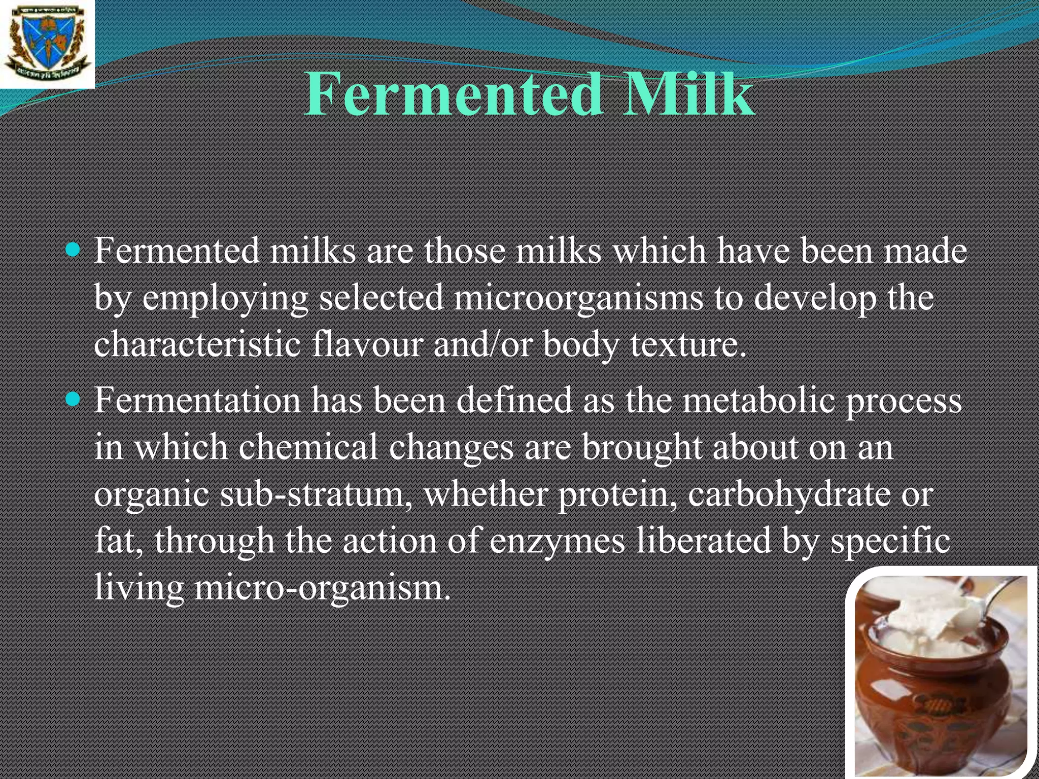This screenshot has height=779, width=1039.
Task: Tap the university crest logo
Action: point(47,44)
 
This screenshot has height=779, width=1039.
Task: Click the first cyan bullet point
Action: point(74,249)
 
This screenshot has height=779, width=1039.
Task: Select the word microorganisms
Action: point(578,299)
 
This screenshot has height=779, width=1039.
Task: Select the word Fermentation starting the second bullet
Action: point(197,400)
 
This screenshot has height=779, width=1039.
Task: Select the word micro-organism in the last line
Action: point(322,588)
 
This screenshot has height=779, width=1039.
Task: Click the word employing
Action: point(225,299)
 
